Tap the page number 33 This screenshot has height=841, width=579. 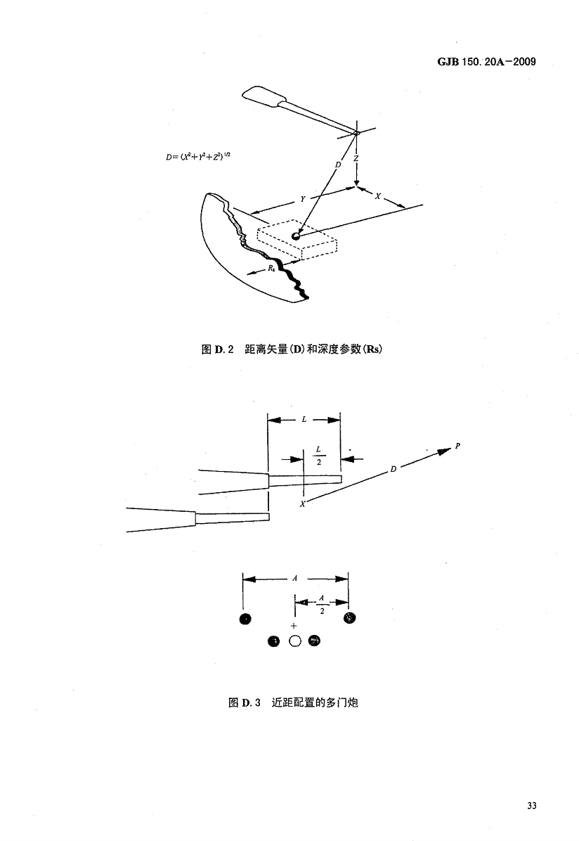(531, 805)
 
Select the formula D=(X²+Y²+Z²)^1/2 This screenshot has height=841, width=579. (195, 158)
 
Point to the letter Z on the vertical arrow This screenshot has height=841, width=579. (357, 160)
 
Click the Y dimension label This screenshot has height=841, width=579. (302, 200)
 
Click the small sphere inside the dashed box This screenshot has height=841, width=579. (296, 236)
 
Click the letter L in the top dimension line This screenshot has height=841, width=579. (304, 420)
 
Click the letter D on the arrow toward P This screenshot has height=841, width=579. (393, 468)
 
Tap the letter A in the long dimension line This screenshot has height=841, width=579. (295, 578)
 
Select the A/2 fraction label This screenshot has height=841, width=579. (321, 604)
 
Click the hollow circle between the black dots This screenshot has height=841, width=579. (295, 641)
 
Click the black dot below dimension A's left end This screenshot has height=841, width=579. (245, 619)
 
